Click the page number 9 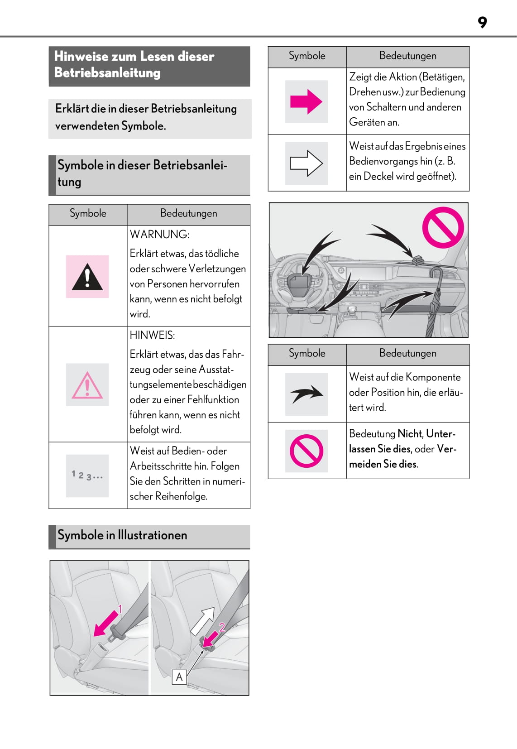pyautogui.click(x=482, y=22)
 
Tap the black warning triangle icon pyautogui.click(x=87, y=277)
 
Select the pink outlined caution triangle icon pyautogui.click(x=87, y=385)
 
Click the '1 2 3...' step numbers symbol pyautogui.click(x=87, y=475)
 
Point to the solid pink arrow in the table pyautogui.click(x=306, y=101)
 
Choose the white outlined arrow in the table pyautogui.click(x=306, y=163)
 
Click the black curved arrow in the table pyautogui.click(x=306, y=394)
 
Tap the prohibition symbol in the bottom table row pyautogui.click(x=306, y=451)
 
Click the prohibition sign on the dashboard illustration pyautogui.click(x=443, y=227)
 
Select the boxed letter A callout pyautogui.click(x=179, y=677)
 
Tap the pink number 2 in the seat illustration pyautogui.click(x=222, y=627)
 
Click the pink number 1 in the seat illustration pyautogui.click(x=120, y=609)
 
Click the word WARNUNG pyautogui.click(x=159, y=235)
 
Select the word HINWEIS pyautogui.click(x=152, y=335)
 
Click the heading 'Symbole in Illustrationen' pyautogui.click(x=122, y=535)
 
